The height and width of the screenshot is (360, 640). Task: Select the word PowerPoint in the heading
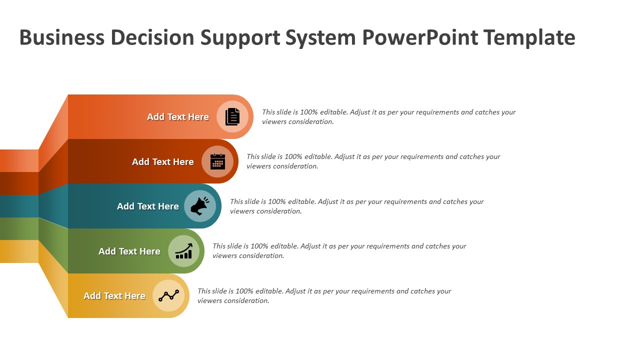[420, 38]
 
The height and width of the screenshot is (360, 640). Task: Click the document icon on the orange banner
[232, 116]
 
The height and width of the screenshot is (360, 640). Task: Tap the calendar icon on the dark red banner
[217, 161]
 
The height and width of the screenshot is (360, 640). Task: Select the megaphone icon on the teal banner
[200, 206]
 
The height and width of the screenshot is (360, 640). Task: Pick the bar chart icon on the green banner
[183, 251]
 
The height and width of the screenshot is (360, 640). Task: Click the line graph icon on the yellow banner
[168, 295]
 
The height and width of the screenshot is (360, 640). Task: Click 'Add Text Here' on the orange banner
[178, 117]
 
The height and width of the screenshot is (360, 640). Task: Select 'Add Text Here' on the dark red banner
[163, 162]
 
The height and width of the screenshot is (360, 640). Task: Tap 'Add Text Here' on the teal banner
[148, 206]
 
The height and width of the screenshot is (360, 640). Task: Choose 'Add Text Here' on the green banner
[129, 251]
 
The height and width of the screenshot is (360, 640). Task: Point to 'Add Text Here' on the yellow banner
[114, 296]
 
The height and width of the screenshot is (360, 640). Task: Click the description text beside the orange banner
[388, 117]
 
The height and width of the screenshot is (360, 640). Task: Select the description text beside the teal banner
[356, 206]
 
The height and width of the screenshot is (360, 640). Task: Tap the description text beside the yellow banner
[324, 296]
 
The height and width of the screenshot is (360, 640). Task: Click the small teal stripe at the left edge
[19, 206]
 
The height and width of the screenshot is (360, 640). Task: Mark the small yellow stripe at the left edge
[19, 251]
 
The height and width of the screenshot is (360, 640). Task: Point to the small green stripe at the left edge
[19, 228]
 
